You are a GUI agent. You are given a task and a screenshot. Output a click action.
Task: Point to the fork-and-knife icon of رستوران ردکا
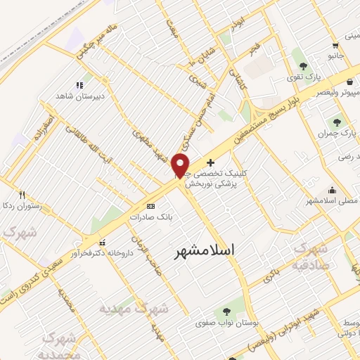point(22,195)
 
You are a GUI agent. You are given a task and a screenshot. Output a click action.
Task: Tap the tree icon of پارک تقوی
point(303,65)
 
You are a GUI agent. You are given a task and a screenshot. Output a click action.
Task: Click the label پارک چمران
point(333,133)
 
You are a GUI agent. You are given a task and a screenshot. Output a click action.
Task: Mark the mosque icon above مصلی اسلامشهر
point(331,190)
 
